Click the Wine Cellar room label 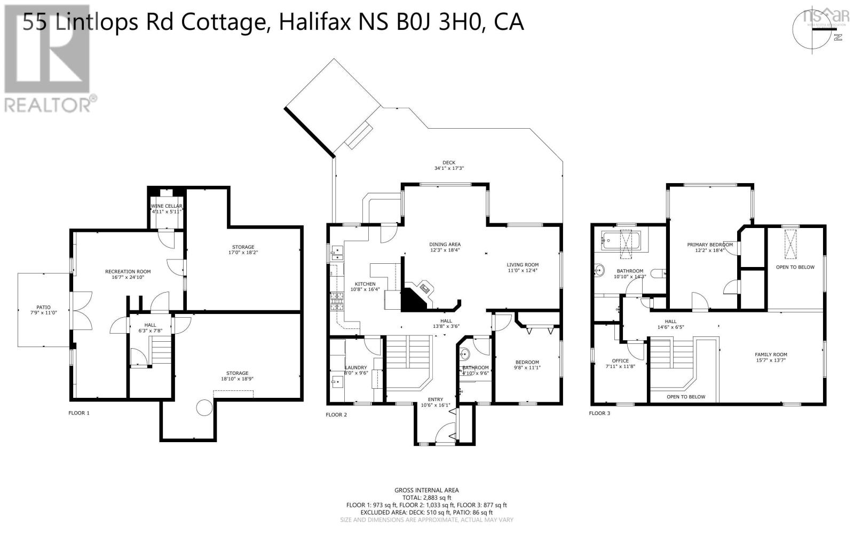(167, 206)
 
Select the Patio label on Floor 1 (43, 308)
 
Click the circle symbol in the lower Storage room (204, 407)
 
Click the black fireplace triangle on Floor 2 (412, 300)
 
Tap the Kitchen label (365, 284)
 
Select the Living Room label (523, 265)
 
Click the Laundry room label (355, 367)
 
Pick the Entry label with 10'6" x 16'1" (435, 399)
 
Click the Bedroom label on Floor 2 (526, 362)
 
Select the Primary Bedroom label (709, 245)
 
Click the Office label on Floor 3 (620, 361)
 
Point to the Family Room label (771, 355)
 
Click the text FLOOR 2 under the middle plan (336, 414)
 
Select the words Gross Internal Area (426, 490)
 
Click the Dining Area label (445, 245)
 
